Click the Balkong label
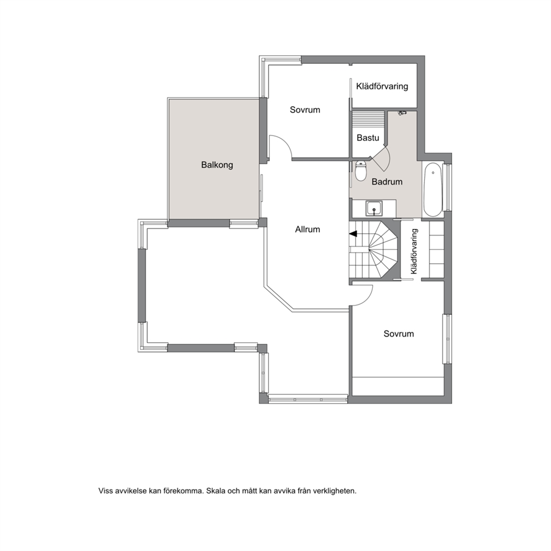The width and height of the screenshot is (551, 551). click(x=217, y=165)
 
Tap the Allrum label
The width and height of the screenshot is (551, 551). click(x=308, y=229)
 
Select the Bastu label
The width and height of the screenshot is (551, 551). click(x=368, y=138)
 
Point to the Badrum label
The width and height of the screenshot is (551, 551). click(x=387, y=182)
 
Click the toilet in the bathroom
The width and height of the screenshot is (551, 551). click(x=361, y=171)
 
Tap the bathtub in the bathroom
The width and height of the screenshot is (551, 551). click(x=433, y=189)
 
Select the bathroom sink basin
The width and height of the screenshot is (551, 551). click(x=374, y=209)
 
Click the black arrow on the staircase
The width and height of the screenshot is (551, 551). click(x=353, y=233)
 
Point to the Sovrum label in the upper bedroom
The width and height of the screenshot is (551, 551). click(x=305, y=109)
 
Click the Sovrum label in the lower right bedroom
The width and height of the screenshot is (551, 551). click(x=398, y=333)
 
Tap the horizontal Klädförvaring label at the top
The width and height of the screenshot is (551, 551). click(x=382, y=87)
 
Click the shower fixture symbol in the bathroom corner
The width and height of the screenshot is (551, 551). click(x=402, y=113)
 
